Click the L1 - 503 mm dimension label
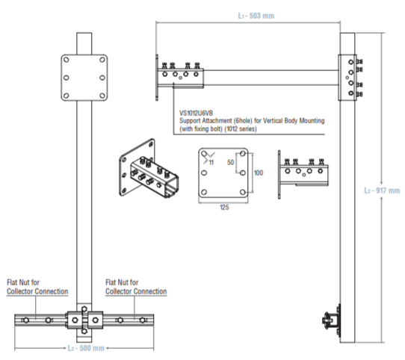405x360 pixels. point(256,16)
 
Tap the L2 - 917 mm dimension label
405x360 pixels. point(382,190)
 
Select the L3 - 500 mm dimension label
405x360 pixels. point(86,348)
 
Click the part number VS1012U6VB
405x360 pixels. point(196,113)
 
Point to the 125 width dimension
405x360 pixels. point(224,208)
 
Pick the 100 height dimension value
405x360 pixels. point(259,173)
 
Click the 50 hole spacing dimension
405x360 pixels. point(230,162)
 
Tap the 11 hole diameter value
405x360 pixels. point(211,162)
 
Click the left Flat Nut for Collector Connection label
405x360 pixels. point(37,287)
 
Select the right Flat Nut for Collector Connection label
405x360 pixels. point(136,287)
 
